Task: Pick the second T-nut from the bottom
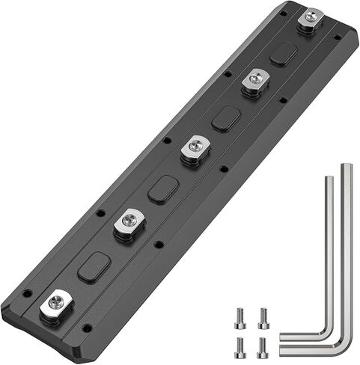pos(129,221)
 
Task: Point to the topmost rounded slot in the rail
pos(282,53)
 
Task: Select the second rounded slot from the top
pos(225,118)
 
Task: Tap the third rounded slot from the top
pos(163,189)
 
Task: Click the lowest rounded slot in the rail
pos(94,267)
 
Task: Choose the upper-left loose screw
pos(240,317)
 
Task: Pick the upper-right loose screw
pos(263,318)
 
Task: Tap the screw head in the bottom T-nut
pos(54,303)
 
